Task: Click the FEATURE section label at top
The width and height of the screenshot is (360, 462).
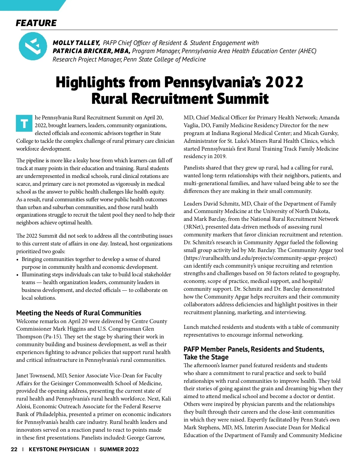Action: (x=36, y=23)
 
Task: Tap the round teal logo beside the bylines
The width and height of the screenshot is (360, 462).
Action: (x=33, y=46)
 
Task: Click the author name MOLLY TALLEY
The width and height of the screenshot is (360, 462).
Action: (x=76, y=43)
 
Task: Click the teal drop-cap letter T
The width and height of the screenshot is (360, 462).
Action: (x=24, y=123)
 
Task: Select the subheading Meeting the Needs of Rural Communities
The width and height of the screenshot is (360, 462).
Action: (x=79, y=313)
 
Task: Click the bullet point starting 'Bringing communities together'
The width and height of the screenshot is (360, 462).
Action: (x=90, y=263)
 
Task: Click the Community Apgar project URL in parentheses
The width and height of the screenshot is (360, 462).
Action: (x=260, y=258)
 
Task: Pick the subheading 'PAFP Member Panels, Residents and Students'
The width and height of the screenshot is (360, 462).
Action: (x=254, y=353)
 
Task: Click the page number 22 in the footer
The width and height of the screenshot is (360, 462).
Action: (x=14, y=449)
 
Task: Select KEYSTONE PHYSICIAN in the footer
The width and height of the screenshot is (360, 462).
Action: (x=59, y=449)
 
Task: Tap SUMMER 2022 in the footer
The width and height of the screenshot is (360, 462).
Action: (x=119, y=449)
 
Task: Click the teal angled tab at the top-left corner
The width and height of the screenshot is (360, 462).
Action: (x=30, y=5)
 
